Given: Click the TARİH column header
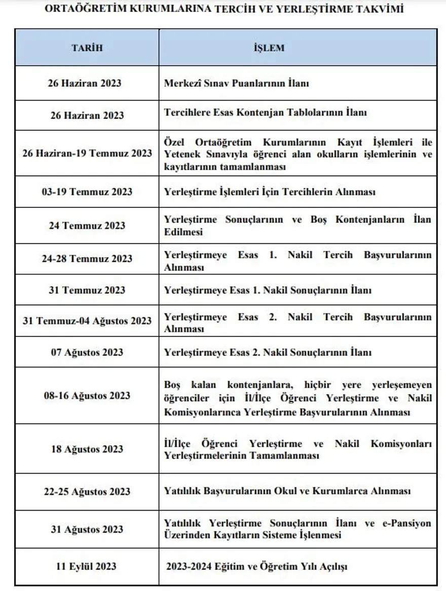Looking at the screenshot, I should pyautogui.click(x=87, y=48).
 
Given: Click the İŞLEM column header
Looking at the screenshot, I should pyautogui.click(x=269, y=48).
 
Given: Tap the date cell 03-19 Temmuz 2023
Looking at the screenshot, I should pyautogui.click(x=87, y=192).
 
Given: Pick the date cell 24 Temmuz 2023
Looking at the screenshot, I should pyautogui.click(x=87, y=226).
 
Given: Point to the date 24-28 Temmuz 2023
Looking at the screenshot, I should pyautogui.click(x=87, y=259).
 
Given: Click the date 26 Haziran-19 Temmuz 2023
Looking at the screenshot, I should pyautogui.click(x=87, y=153).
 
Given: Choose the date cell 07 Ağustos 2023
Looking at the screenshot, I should pyautogui.click(x=87, y=352).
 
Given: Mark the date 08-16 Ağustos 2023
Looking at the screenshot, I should pyautogui.click(x=87, y=396).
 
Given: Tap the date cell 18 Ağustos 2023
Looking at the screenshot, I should pyautogui.click(x=87, y=449).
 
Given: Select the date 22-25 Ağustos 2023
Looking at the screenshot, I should pyautogui.click(x=87, y=491).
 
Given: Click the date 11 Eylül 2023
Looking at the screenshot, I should pyautogui.click(x=87, y=566).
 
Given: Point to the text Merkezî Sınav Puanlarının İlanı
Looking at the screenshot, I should pyautogui.click(x=236, y=83).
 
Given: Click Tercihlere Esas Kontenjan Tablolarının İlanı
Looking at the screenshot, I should pyautogui.click(x=265, y=113).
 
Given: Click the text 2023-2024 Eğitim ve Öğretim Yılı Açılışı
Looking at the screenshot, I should pyautogui.click(x=256, y=567).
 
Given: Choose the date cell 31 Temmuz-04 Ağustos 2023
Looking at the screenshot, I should pyautogui.click(x=87, y=320).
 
